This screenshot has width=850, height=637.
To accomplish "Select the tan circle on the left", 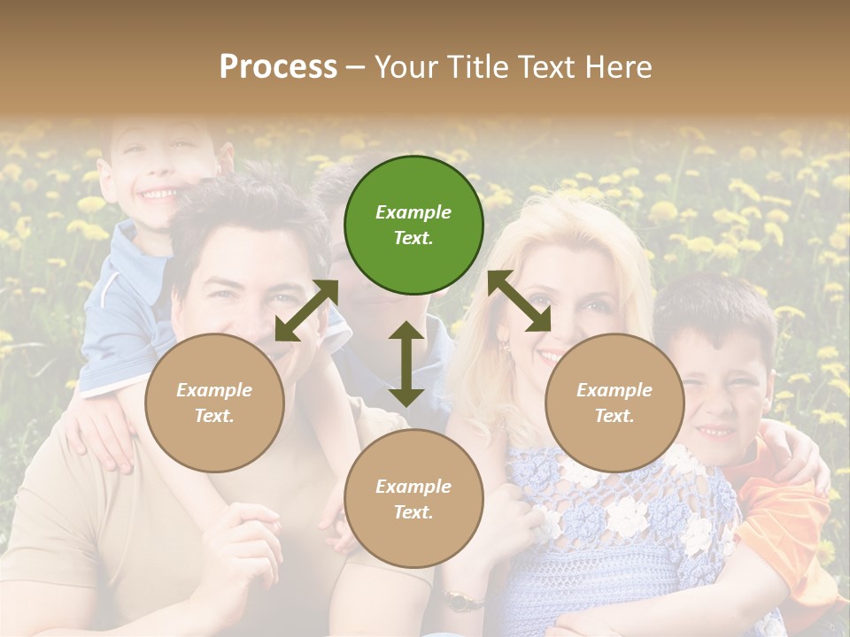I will (x=214, y=403).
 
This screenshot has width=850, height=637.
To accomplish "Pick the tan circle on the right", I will (x=614, y=403).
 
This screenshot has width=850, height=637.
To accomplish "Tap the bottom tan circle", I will (x=413, y=498).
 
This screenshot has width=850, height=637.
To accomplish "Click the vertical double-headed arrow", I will (x=406, y=364).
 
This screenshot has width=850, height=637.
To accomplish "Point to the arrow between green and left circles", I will (x=306, y=310).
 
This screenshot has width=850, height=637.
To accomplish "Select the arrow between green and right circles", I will (x=519, y=302).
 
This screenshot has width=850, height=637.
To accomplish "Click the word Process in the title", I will (x=278, y=66).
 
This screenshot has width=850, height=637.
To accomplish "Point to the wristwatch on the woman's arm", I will (x=459, y=602).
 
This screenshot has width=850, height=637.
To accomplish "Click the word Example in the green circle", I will (x=413, y=212).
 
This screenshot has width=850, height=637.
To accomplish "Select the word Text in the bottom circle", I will (x=413, y=512).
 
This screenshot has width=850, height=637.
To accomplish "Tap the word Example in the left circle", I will (x=214, y=390).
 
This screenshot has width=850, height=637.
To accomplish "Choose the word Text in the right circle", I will (x=614, y=416).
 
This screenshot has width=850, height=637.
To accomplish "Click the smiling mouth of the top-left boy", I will (x=160, y=192).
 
